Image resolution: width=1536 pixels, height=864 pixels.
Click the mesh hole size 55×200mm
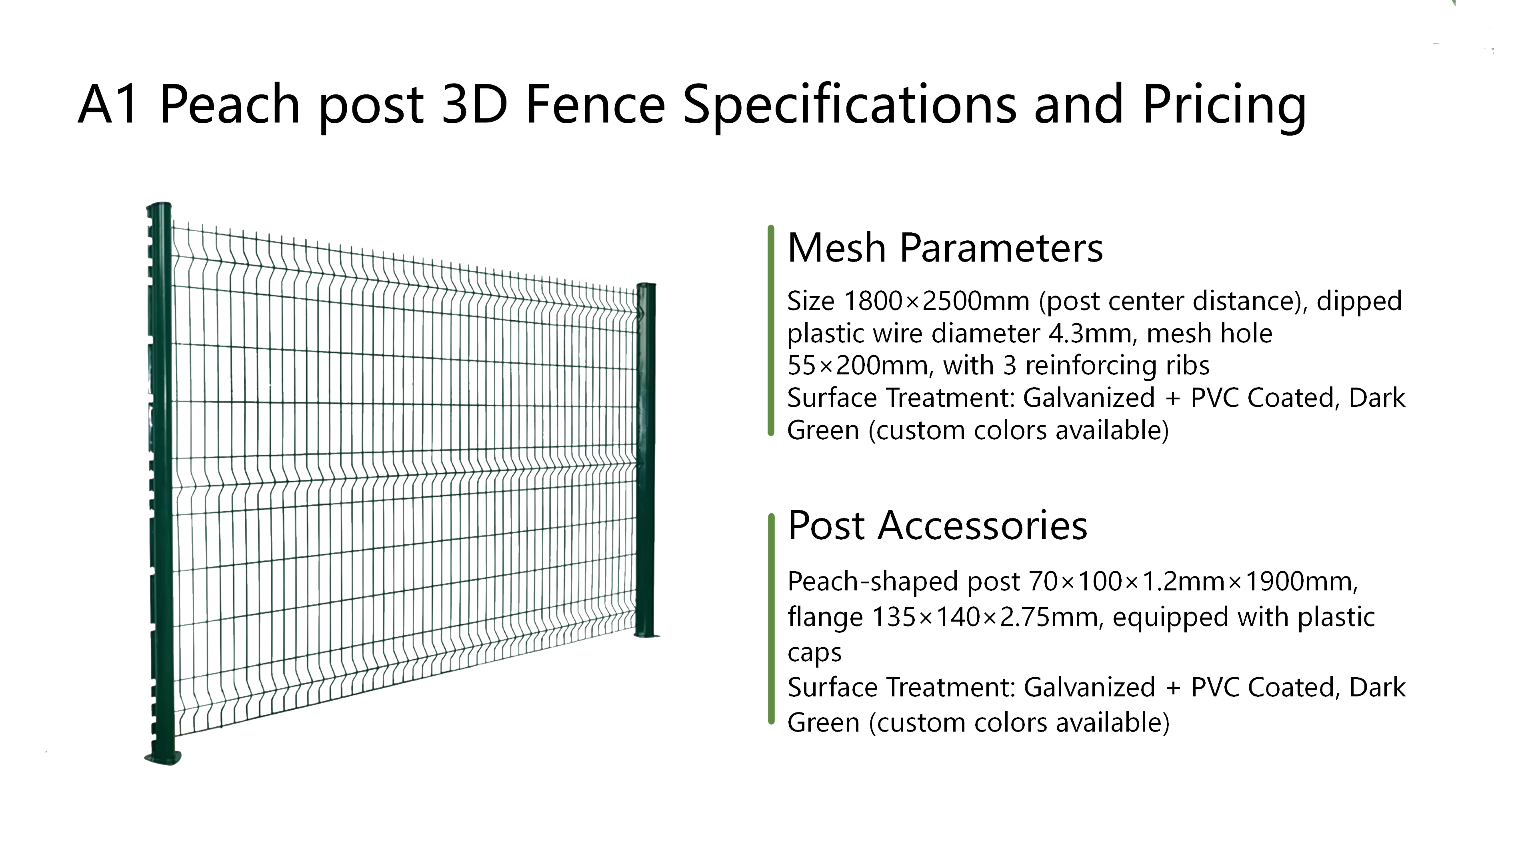(859, 366)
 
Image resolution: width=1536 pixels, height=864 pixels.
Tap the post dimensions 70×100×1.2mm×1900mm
(1194, 581)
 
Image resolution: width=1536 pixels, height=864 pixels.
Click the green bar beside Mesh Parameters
(771, 330)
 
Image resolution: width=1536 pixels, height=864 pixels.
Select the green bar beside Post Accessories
(771, 619)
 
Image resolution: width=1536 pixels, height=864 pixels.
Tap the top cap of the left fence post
(159, 206)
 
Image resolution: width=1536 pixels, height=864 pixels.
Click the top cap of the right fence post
(646, 286)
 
